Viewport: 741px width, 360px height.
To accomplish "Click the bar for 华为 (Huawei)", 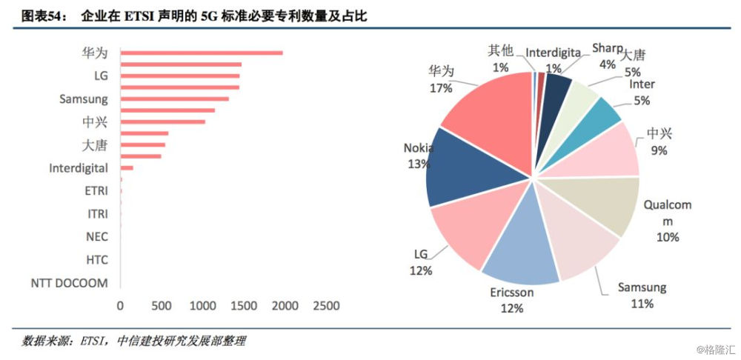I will pyautogui.click(x=201, y=53).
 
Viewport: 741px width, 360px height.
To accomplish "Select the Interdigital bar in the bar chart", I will pyautogui.click(x=127, y=168).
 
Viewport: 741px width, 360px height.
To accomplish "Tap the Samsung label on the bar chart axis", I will pyautogui.click(x=83, y=99).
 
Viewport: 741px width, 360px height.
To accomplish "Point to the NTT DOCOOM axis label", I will pyautogui.click(x=69, y=283).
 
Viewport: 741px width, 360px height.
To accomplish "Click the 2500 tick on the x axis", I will pyautogui.click(x=325, y=305).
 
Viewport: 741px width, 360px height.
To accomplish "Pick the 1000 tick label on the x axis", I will pyautogui.click(x=202, y=305).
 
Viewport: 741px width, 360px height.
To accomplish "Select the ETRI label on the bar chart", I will pyautogui.click(x=96, y=190).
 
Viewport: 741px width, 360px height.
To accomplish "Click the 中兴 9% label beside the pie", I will pyautogui.click(x=659, y=141).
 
